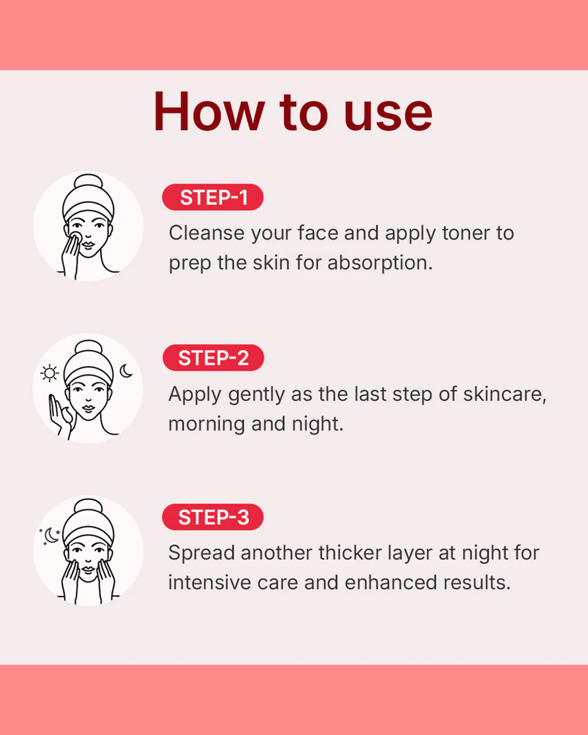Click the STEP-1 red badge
point(212,197)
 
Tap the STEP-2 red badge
point(213,358)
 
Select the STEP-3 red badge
point(212,517)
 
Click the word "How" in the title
point(209,112)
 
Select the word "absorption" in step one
point(380,264)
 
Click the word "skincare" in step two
point(504,394)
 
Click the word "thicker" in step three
point(350,553)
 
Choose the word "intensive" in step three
point(210,583)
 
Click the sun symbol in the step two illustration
point(50,373)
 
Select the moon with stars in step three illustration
point(50,536)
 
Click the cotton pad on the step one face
point(76,238)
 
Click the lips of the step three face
point(88,569)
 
